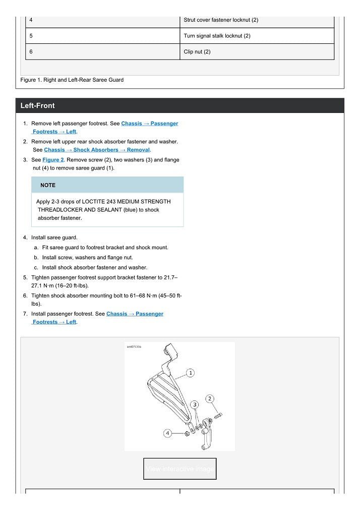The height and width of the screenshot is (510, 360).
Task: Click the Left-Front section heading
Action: pos(38,106)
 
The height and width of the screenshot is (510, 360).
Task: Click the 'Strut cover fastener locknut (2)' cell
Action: pos(221,20)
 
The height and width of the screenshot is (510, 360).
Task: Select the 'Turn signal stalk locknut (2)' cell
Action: pos(217,36)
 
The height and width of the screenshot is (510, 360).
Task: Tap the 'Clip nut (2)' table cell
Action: pos(197,52)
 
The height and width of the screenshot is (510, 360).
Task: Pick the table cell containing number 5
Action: pos(102,36)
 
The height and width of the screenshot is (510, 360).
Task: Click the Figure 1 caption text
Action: pos(72,80)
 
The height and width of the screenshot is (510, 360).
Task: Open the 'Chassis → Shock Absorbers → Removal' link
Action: pos(97,150)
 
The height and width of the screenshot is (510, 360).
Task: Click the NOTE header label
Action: pos(48,185)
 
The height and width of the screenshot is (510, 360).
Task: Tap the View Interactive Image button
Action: pos(180,469)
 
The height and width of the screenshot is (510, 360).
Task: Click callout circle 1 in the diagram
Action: pos(191,373)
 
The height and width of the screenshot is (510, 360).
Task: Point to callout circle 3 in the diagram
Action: pos(195,405)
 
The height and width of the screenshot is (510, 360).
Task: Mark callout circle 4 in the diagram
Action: pos(168,433)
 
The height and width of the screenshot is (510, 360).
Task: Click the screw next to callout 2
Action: pos(218,416)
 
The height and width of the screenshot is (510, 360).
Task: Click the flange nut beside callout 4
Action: pos(187,433)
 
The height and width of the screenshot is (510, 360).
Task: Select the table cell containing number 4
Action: pos(102,20)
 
